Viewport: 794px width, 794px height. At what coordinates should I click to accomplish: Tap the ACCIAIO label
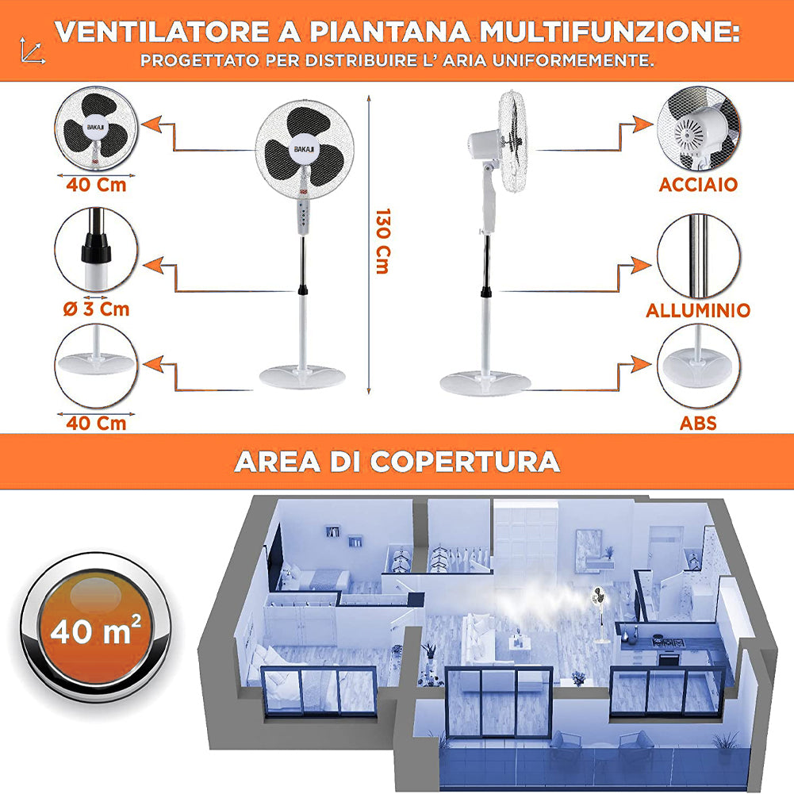click(698, 185)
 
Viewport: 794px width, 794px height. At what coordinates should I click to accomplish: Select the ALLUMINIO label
click(698, 310)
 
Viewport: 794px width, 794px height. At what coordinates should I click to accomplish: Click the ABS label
click(698, 423)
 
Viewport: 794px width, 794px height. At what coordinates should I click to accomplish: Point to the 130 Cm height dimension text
click(382, 241)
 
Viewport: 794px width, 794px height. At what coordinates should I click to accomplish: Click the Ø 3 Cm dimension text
click(96, 309)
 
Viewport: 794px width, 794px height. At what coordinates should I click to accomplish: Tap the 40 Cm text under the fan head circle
click(96, 186)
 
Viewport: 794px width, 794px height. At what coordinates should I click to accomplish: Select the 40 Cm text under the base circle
click(96, 423)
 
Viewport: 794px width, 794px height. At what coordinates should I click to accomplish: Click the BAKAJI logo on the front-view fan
click(305, 151)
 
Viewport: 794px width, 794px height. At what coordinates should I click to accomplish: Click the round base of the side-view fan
click(485, 383)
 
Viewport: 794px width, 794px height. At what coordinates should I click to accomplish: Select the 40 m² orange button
click(95, 632)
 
